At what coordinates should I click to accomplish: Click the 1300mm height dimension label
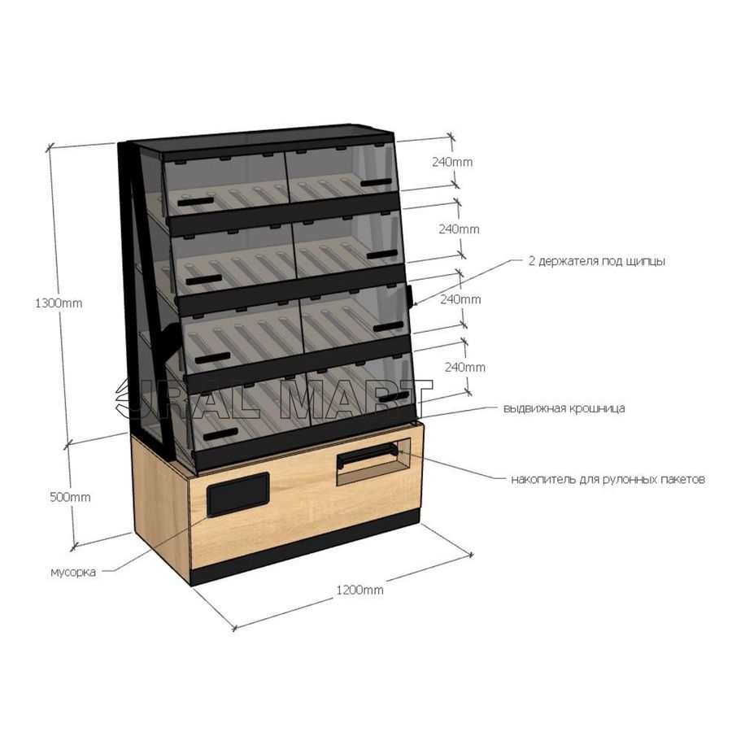[59, 303]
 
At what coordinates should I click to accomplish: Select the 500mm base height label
[71, 498]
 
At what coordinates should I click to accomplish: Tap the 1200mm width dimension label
[360, 590]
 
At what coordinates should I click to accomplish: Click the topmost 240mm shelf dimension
[452, 162]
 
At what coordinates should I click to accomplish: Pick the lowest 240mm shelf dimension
[465, 368]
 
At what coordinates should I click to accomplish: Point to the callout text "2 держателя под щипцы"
[597, 261]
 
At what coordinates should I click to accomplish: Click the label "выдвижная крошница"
[564, 408]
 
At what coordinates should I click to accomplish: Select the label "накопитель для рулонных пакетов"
[608, 479]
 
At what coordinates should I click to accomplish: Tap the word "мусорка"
[73, 572]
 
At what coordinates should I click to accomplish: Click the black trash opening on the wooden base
[238, 495]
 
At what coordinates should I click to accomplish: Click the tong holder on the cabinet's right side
[409, 297]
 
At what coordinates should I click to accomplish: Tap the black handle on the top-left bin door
[195, 202]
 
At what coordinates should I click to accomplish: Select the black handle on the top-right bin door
[377, 182]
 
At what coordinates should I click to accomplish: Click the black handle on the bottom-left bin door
[220, 434]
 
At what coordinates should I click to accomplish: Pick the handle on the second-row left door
[204, 280]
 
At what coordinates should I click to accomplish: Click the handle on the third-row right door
[389, 327]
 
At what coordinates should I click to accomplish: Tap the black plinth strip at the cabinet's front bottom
[306, 547]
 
